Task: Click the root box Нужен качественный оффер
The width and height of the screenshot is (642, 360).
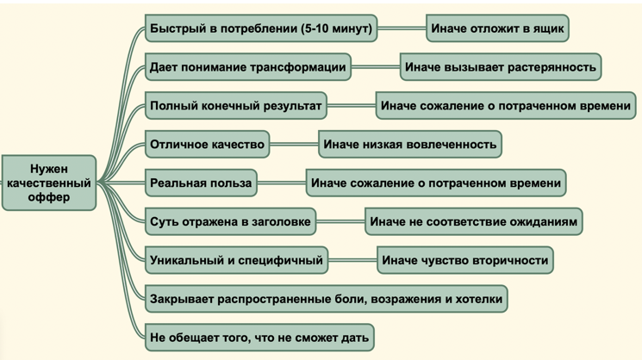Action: (49, 183)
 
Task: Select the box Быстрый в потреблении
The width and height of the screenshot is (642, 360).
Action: (261, 28)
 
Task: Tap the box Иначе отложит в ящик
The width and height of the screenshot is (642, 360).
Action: (497, 28)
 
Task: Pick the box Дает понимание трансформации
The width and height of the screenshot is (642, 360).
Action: (248, 66)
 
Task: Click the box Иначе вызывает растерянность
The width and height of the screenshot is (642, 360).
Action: (501, 66)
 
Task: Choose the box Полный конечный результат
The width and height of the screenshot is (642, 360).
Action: (236, 106)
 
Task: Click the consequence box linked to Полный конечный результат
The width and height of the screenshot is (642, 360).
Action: (506, 106)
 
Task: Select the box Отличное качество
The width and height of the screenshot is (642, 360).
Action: (207, 144)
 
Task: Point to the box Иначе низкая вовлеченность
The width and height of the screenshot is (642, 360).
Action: (410, 144)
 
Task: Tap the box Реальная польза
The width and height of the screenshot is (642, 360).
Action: (201, 183)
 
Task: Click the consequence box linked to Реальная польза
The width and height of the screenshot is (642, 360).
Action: (436, 183)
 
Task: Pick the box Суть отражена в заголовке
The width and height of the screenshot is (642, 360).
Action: (230, 221)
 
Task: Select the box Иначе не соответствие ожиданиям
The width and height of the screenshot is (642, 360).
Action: (474, 221)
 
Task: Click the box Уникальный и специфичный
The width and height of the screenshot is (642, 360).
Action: (237, 260)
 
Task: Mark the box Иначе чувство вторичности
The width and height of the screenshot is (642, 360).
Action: (465, 260)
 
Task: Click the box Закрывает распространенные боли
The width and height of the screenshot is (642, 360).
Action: (327, 299)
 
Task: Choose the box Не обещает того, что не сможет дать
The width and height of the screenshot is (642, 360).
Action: (259, 337)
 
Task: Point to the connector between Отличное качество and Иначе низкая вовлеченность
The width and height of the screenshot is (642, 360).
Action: (294, 144)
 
